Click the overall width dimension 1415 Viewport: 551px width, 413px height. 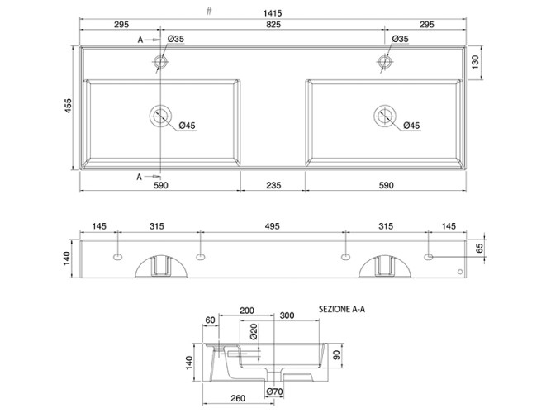coord(273,13)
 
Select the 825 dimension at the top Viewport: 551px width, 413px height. coord(273,25)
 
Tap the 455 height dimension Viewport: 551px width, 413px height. coord(68,106)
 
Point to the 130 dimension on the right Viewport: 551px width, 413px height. coord(475,62)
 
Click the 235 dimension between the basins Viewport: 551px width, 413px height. coord(273,185)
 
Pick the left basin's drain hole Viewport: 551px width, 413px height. coord(160,116)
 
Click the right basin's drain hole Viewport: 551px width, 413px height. coord(385,116)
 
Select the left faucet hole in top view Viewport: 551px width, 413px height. coord(160,62)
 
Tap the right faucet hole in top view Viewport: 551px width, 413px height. coord(385,62)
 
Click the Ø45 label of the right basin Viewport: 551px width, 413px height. coord(411,126)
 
